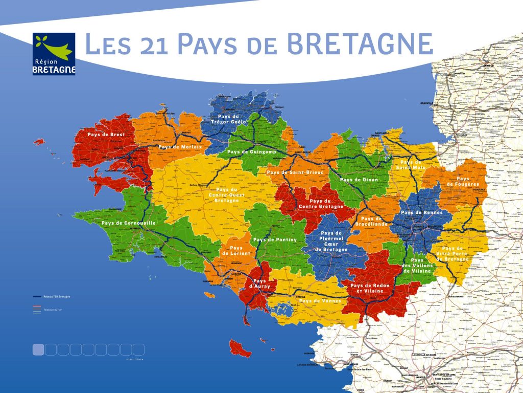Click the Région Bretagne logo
pyautogui.click(x=54, y=54)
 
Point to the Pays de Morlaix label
pyautogui.click(x=180, y=147)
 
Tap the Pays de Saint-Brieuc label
pyautogui.click(x=295, y=173)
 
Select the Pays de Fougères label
pyautogui.click(x=463, y=181)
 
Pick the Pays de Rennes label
pyautogui.click(x=419, y=212)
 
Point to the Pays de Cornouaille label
pyautogui.click(x=128, y=223)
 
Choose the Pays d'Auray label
pyautogui.click(x=259, y=283)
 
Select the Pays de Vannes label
pyautogui.click(x=320, y=301)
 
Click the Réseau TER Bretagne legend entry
pyautogui.click(x=57, y=296)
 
